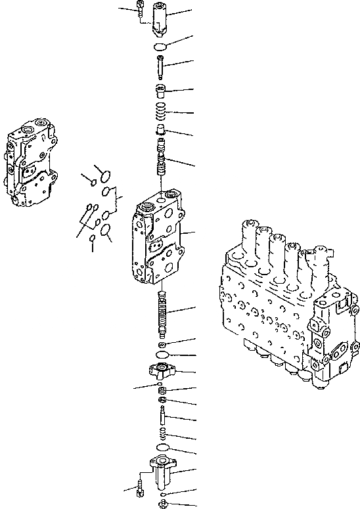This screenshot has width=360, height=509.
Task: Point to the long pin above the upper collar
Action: [161, 66]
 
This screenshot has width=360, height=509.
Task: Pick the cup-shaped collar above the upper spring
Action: [161, 90]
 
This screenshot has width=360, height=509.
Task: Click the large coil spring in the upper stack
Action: [161, 113]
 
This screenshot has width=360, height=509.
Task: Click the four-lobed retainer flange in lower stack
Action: [161, 370]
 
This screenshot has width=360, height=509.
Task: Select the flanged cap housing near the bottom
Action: [162, 470]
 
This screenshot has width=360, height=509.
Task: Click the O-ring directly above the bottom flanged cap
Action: [162, 451]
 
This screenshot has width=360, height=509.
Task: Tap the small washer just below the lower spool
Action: [162, 344]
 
